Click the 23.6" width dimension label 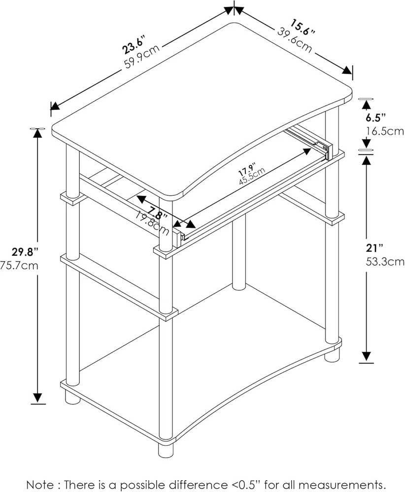(x=134, y=45)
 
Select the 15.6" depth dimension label (x=302, y=27)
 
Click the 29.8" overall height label (x=25, y=251)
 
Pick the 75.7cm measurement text (x=19, y=266)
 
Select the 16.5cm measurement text (x=385, y=131)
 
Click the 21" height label (x=375, y=248)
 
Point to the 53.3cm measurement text (x=385, y=261)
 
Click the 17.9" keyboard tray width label (x=247, y=169)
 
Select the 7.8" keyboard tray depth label (x=157, y=213)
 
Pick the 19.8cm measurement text (x=152, y=223)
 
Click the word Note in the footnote (x=39, y=485)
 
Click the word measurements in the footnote (x=341, y=485)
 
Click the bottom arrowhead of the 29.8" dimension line (x=38, y=398)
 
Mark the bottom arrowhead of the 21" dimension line (x=367, y=357)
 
